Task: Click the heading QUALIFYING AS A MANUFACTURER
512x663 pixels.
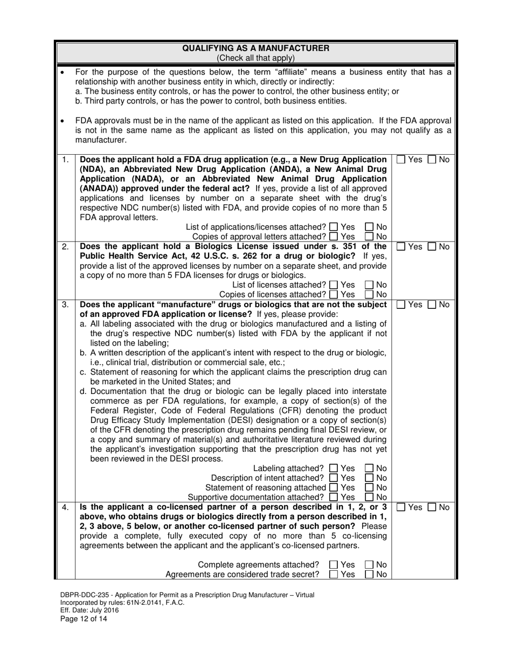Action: pyautogui.click(x=256, y=49)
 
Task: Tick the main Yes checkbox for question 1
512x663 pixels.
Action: pyautogui.click(x=402, y=160)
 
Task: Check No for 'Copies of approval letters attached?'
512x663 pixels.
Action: pyautogui.click(x=370, y=237)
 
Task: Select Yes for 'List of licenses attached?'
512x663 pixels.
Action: pyautogui.click(x=333, y=285)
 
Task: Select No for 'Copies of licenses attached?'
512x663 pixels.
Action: pyautogui.click(x=370, y=294)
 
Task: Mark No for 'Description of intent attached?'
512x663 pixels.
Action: pyautogui.click(x=370, y=478)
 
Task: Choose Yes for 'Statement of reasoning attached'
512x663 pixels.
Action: pyautogui.click(x=333, y=488)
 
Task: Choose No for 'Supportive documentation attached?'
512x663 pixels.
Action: pyautogui.click(x=370, y=497)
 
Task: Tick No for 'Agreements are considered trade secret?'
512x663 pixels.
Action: pyautogui.click(x=370, y=575)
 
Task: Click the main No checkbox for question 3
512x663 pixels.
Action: pyautogui.click(x=433, y=305)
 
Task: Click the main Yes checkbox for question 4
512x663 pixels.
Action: pyautogui.click(x=402, y=507)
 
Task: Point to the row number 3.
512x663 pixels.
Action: pyautogui.click(x=65, y=305)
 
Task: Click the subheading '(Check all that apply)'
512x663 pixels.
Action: pyautogui.click(x=256, y=58)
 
